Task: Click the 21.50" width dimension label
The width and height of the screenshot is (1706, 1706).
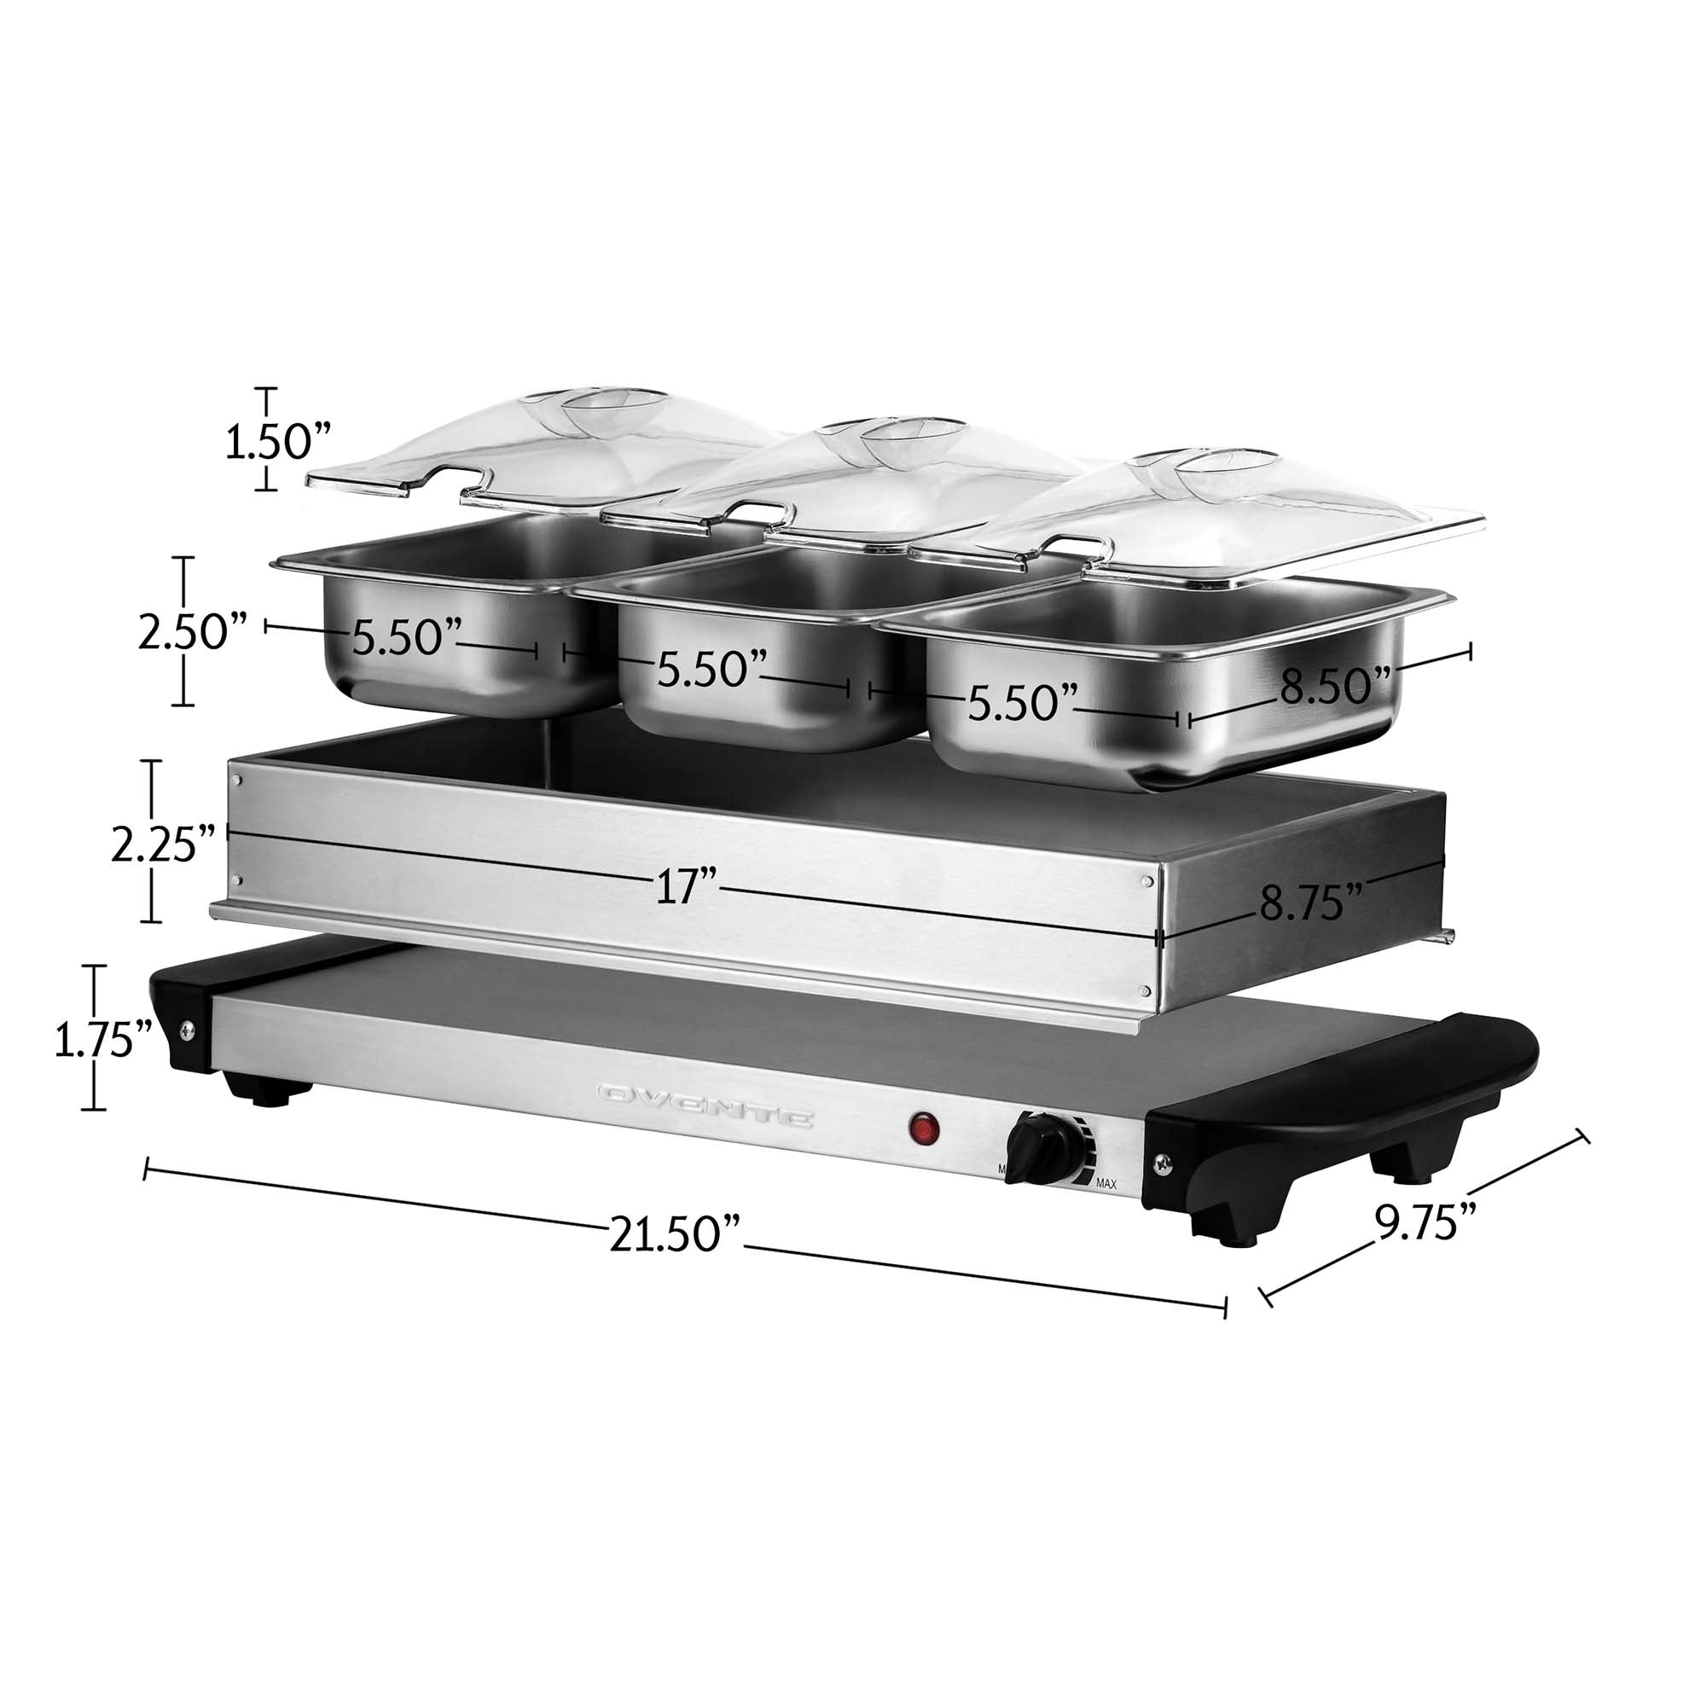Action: pyautogui.click(x=675, y=1233)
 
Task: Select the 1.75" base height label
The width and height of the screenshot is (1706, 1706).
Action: pyautogui.click(x=103, y=1040)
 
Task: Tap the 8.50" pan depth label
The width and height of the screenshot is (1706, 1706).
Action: pyautogui.click(x=1335, y=685)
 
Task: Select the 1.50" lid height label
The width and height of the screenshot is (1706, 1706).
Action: pyautogui.click(x=278, y=440)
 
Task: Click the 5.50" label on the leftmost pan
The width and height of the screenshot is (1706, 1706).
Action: pyautogui.click(x=407, y=635)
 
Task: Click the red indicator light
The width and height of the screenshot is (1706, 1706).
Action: pyautogui.click(x=924, y=1129)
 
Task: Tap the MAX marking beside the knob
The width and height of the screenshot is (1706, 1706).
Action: pyautogui.click(x=1106, y=1183)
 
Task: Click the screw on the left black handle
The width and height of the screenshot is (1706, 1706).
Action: pyautogui.click(x=187, y=1029)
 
